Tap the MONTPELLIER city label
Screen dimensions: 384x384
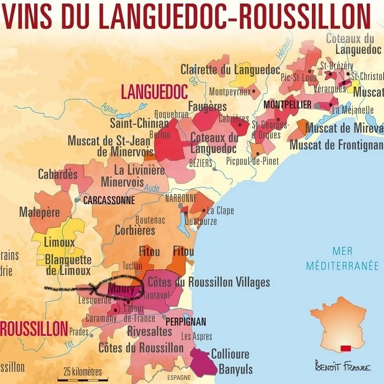pyautogui.click(x=287, y=105)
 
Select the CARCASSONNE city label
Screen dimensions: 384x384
pyautogui.click(x=109, y=201)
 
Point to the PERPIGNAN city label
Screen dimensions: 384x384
pyautogui.click(x=186, y=322)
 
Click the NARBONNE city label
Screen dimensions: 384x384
pyautogui.click(x=180, y=198)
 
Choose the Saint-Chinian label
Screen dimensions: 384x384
pyautogui.click(x=139, y=123)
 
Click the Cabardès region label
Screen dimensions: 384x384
pyautogui.click(x=58, y=174)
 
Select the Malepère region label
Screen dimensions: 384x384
pyautogui.click(x=39, y=212)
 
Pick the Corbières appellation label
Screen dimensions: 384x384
pyautogui.click(x=135, y=230)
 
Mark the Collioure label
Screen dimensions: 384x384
pyautogui.click(x=230, y=354)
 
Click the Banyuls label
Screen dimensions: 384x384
pyautogui.click(x=235, y=369)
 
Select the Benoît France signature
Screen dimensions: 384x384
pyautogui.click(x=343, y=367)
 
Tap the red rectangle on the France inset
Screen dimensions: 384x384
pyautogui.click(x=346, y=348)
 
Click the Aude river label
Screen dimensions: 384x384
pyautogui.click(x=152, y=188)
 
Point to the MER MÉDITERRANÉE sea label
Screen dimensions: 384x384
pyautogui.click(x=342, y=258)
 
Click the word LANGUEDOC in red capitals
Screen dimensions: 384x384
pyautogui.click(x=154, y=92)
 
